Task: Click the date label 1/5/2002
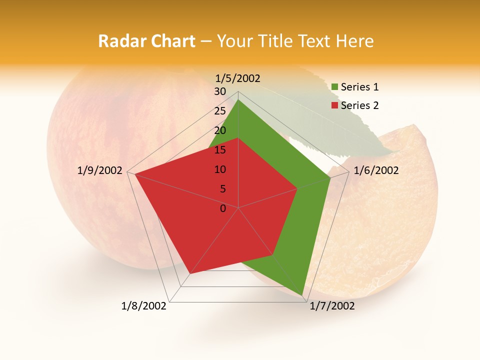click(237, 78)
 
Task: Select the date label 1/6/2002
click(376, 170)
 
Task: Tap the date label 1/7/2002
click(332, 306)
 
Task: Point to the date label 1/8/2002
click(144, 306)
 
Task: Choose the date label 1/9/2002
click(100, 170)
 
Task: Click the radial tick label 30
click(220, 91)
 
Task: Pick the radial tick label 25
click(220, 111)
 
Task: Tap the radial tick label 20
click(220, 130)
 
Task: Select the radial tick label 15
click(220, 150)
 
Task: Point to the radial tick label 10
click(220, 169)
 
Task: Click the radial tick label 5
click(222, 189)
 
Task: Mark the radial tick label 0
click(223, 208)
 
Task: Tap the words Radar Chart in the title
click(146, 41)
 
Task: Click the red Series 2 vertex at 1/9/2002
click(134, 174)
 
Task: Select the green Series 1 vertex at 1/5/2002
click(238, 99)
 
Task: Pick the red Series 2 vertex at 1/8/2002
click(190, 274)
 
